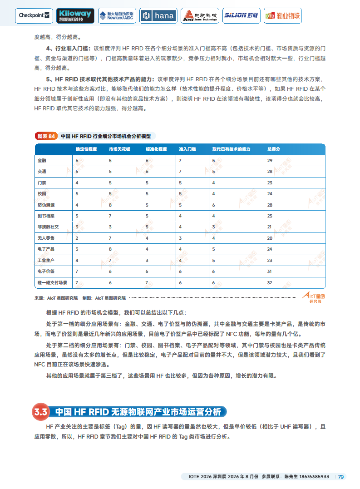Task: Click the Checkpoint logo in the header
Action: coord(35,15)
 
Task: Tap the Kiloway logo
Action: coord(75,15)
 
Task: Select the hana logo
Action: coord(158,15)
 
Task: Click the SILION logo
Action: coord(241,15)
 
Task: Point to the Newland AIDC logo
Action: coord(116,15)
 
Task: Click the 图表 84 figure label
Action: coord(46,136)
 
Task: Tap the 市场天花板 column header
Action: coord(119,149)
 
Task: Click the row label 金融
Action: coord(42,161)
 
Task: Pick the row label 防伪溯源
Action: coord(45,205)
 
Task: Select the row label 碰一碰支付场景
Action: coord(52,282)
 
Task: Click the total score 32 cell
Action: coord(270,282)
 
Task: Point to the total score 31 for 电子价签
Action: coord(270,272)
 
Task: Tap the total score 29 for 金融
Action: coord(270,161)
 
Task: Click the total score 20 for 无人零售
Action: coord(270,238)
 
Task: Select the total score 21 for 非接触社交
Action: coord(270,227)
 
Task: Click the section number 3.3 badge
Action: coord(40,412)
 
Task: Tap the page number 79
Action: coord(340,477)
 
